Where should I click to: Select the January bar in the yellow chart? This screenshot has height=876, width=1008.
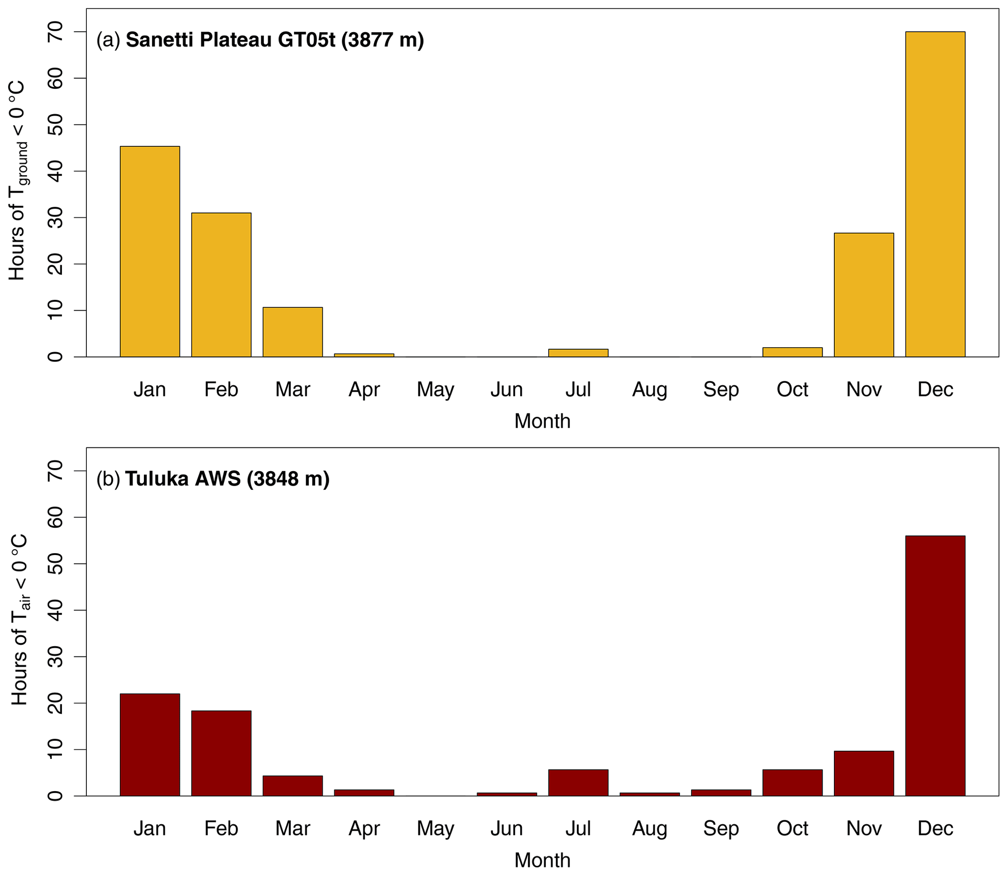(150, 251)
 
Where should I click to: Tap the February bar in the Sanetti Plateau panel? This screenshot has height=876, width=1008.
(221, 284)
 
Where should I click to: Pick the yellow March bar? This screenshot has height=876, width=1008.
(292, 332)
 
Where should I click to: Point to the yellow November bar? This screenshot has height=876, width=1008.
(863, 295)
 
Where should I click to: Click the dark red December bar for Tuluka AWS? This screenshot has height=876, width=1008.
(935, 666)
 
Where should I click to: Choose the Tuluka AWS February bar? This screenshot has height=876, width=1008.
(221, 753)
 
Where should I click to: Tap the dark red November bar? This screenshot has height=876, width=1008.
(863, 774)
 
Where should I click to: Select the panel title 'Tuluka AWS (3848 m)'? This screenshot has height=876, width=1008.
(227, 478)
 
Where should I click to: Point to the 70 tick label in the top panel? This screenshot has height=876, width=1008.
(56, 32)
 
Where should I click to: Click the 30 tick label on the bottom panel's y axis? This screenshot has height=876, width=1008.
(56, 657)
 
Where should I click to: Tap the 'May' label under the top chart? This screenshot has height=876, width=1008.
(435, 390)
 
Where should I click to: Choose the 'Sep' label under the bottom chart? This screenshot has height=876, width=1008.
(721, 829)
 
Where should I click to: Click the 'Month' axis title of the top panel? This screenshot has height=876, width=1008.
(542, 421)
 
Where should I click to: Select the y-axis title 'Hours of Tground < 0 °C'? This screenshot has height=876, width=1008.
(18, 181)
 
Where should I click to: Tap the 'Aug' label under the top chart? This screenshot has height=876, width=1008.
(649, 390)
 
